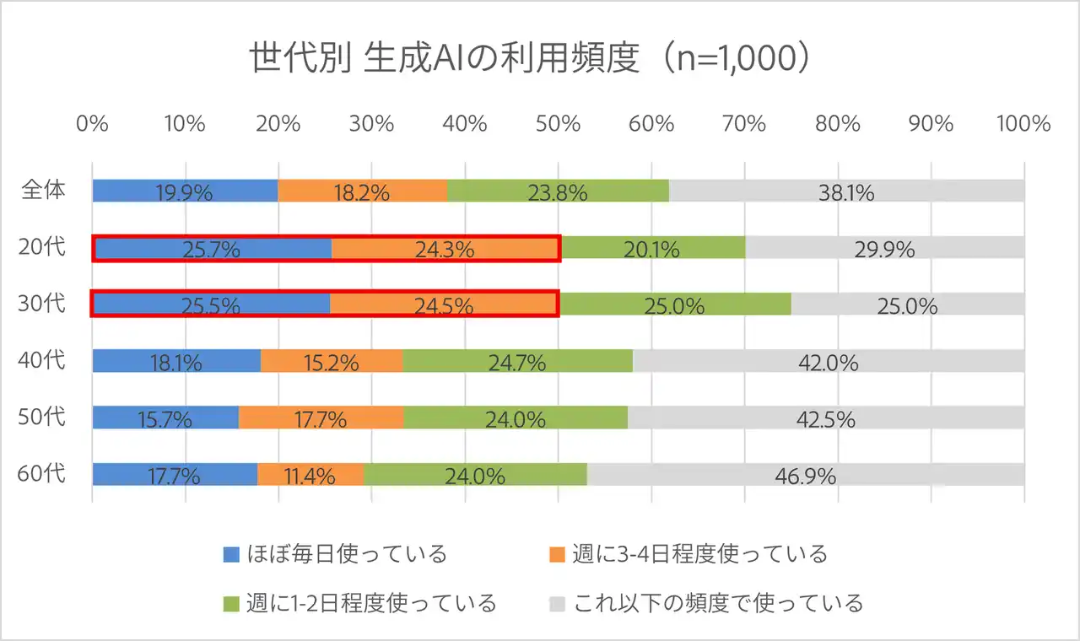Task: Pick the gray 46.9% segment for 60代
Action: [805, 475]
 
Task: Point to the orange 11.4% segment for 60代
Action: [310, 475]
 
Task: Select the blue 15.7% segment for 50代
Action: [165, 417]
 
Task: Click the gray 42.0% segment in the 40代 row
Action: [828, 361]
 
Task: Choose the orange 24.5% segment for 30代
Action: [444, 304]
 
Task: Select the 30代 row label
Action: [42, 304]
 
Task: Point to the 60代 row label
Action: [42, 474]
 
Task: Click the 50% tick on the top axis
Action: [558, 123]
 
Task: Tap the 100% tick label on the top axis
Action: [1023, 123]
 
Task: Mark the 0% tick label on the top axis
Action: [92, 123]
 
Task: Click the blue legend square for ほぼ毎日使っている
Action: [231, 554]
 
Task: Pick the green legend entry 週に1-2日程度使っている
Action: [359, 604]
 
